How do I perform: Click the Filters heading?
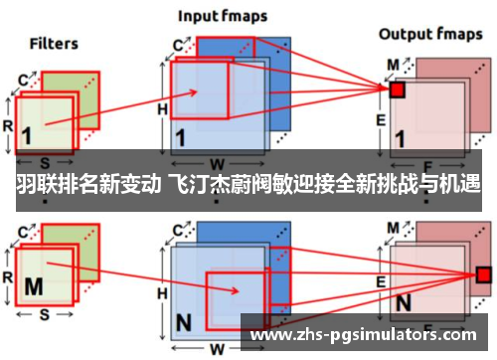(x=54, y=44)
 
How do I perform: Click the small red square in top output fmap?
(x=397, y=90)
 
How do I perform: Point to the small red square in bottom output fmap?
(x=484, y=273)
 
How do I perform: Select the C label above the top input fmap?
(x=180, y=45)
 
